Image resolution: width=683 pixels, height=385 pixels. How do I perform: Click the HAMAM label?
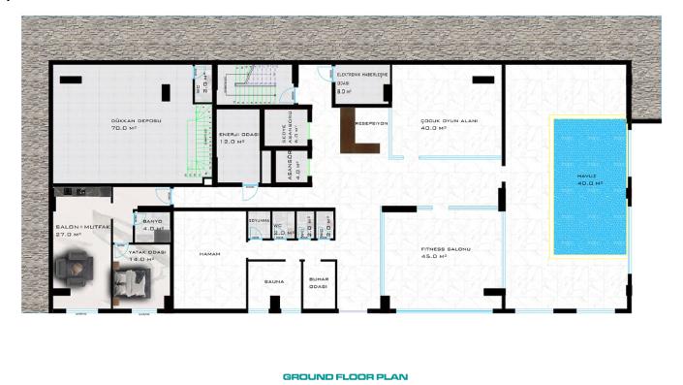point(211,253)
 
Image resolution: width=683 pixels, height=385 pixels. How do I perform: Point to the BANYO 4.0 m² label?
point(152,225)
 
